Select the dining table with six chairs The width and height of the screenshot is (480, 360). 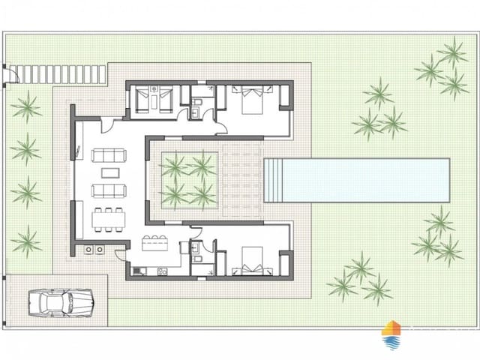tap(109, 217)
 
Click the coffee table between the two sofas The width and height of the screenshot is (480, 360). tap(109, 171)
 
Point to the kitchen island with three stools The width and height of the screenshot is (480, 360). tap(155, 243)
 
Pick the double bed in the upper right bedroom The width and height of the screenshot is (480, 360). tap(249, 98)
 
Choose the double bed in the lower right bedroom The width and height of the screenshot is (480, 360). tap(250, 264)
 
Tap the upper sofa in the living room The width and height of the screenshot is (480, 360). tap(109, 155)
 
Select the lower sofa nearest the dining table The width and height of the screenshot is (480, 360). tap(109, 190)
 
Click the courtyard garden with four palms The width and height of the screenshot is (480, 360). tap(187, 180)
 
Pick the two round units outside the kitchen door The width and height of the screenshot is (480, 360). tap(94, 250)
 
